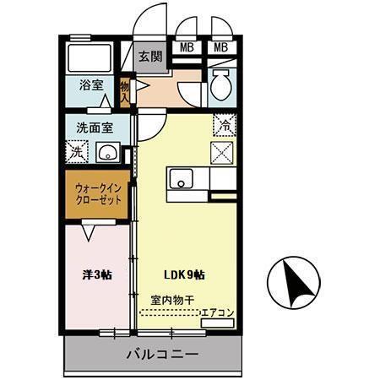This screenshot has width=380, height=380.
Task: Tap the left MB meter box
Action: tap(187, 47)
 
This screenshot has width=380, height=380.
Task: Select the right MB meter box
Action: tap(221, 47)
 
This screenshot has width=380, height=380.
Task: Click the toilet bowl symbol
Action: tap(220, 85)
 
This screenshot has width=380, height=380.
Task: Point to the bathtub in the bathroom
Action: tap(90, 59)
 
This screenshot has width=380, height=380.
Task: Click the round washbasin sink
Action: tap(108, 153)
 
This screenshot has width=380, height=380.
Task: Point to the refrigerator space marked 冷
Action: tap(225, 122)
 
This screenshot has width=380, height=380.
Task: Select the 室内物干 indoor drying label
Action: tap(172, 299)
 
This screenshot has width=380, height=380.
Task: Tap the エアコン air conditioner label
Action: tap(217, 313)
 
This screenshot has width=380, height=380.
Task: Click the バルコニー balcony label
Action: tap(163, 354)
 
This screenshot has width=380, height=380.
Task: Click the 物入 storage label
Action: tap(126, 90)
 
